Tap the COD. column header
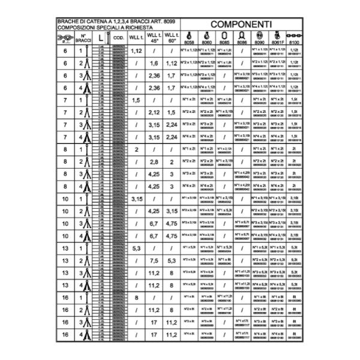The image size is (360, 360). (118, 38)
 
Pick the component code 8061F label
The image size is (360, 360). (277, 43)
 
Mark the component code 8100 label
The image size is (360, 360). (294, 43)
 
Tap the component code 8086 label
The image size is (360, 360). (242, 43)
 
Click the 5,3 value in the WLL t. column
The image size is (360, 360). (136, 248)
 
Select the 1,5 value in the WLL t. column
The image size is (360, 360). (136, 100)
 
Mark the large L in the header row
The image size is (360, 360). (100, 38)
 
